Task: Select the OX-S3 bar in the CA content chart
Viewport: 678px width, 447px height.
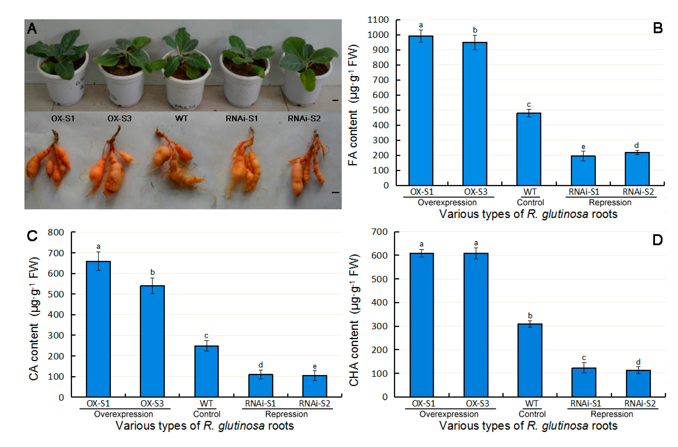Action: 152,341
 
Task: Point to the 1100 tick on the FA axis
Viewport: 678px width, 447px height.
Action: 378,20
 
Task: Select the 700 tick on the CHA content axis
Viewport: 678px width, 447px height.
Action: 379,232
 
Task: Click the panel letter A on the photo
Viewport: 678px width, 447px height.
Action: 32,29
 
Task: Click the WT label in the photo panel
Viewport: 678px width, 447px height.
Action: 181,118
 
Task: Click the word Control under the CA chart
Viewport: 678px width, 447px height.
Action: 207,414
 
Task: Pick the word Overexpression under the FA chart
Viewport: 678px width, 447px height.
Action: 447,202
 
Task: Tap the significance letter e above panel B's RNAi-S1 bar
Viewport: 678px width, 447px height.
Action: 583,147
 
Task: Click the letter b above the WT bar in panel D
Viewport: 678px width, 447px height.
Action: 530,316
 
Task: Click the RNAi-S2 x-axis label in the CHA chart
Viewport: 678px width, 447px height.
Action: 640,403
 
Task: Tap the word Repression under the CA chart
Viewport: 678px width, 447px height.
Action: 286,414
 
